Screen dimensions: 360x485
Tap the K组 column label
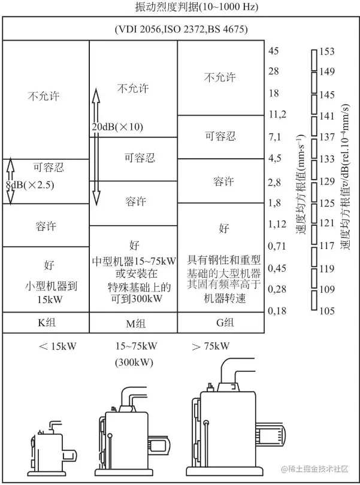coord(46,323)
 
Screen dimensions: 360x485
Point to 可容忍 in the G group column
coord(220,136)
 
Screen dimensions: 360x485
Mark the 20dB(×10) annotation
coord(117,128)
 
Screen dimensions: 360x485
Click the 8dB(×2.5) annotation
coord(31,185)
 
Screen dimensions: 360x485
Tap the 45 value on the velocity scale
coord(274,51)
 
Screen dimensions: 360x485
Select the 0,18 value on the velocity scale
coord(277,310)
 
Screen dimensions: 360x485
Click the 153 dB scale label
coord(326,51)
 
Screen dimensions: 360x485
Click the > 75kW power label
coord(211,345)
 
